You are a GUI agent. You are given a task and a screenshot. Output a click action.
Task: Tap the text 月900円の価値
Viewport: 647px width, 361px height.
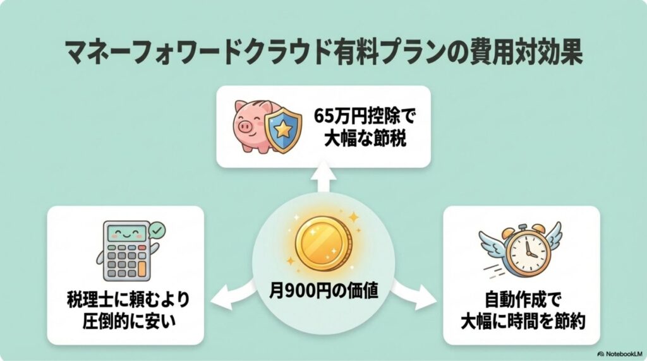point(323,292)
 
